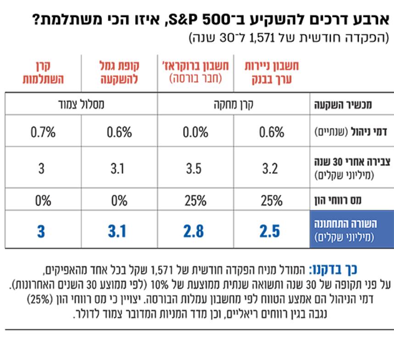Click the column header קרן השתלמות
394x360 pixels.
[x=43, y=73]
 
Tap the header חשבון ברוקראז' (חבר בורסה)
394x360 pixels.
[x=195, y=72]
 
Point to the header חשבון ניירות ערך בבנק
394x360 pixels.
[x=272, y=73]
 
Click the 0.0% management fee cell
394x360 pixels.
[x=194, y=133]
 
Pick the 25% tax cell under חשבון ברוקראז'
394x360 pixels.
[x=194, y=200]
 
